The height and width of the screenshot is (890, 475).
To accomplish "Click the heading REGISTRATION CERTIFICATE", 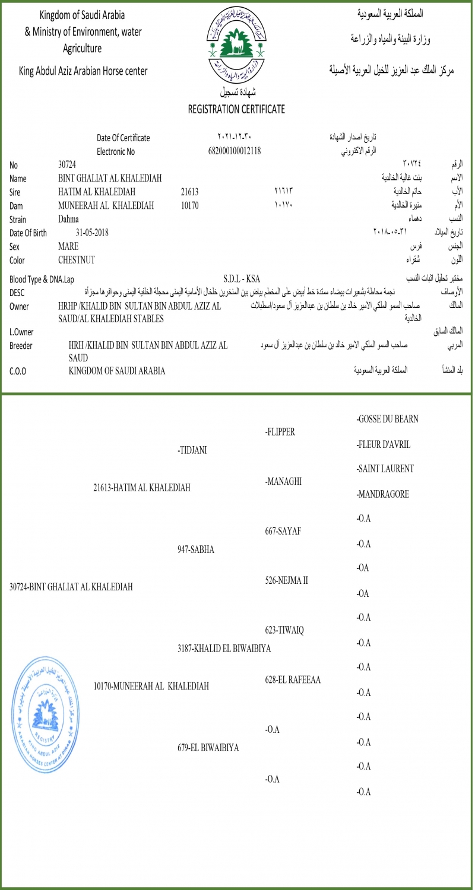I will [x=236, y=109].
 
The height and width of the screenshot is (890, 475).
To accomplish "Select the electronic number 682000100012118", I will [x=235, y=151].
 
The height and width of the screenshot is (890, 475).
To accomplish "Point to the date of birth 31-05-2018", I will [x=92, y=233].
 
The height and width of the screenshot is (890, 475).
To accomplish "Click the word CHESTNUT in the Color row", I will [x=77, y=260].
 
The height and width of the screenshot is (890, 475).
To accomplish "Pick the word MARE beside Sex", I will [x=68, y=246].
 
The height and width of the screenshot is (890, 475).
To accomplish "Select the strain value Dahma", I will [x=69, y=219].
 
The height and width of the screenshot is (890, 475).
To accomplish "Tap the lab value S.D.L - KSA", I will [x=242, y=278].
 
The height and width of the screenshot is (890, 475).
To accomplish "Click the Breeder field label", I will [x=21, y=345].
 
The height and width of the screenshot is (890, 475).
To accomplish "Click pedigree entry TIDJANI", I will [x=192, y=450].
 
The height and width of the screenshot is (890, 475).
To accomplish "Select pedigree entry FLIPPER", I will [x=280, y=432].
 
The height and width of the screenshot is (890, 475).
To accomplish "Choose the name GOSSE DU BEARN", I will [x=388, y=419].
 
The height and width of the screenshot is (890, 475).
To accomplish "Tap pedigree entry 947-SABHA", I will [x=196, y=549].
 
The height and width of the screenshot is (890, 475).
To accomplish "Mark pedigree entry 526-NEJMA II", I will [x=286, y=580].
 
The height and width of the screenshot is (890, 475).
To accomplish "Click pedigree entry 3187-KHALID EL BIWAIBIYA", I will [x=224, y=649].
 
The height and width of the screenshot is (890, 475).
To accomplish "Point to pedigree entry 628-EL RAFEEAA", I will [x=293, y=680].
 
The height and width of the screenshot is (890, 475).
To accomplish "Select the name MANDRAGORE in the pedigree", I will [x=383, y=494].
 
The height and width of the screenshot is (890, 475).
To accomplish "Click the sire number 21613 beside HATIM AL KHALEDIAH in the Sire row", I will [x=189, y=192].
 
